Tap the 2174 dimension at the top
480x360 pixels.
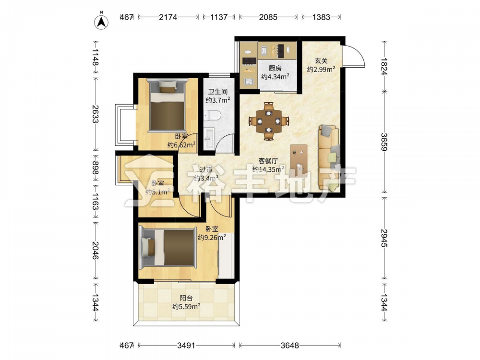pos(168,17)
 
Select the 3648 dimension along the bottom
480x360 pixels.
pos(289,346)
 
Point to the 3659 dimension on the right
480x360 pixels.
pos(384,142)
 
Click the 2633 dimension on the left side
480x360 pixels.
pos(95,114)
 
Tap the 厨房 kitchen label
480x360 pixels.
pos(275,68)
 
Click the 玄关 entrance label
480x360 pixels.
pos(321,61)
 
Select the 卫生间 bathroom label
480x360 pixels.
pos(218,92)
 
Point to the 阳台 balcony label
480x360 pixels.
pos(186,298)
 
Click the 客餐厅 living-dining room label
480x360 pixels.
pos(268,161)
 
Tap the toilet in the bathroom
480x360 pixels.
pos(213,115)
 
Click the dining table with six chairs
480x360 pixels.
pos(269,121)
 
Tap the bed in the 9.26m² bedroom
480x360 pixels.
pos(168,248)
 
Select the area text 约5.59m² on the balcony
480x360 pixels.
pos(186,306)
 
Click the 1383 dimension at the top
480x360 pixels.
pos(321,17)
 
